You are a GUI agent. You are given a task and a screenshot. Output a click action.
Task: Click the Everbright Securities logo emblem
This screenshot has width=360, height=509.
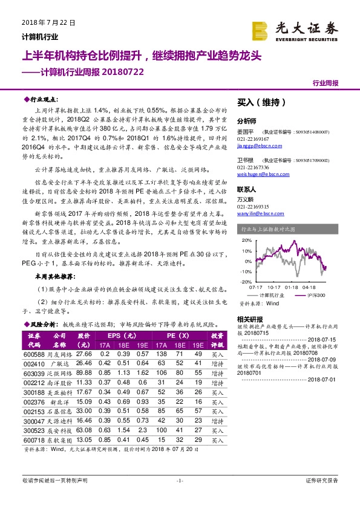click(261, 30)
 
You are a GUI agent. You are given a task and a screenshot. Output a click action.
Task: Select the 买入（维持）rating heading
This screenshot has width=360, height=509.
click(258, 103)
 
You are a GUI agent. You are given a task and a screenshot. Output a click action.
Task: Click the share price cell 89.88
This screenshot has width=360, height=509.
click(84, 373)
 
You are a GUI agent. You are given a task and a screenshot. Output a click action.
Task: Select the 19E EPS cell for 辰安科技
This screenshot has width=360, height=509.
click(143, 431)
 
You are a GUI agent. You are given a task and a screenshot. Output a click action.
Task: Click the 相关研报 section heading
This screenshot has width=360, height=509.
click(249, 319)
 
